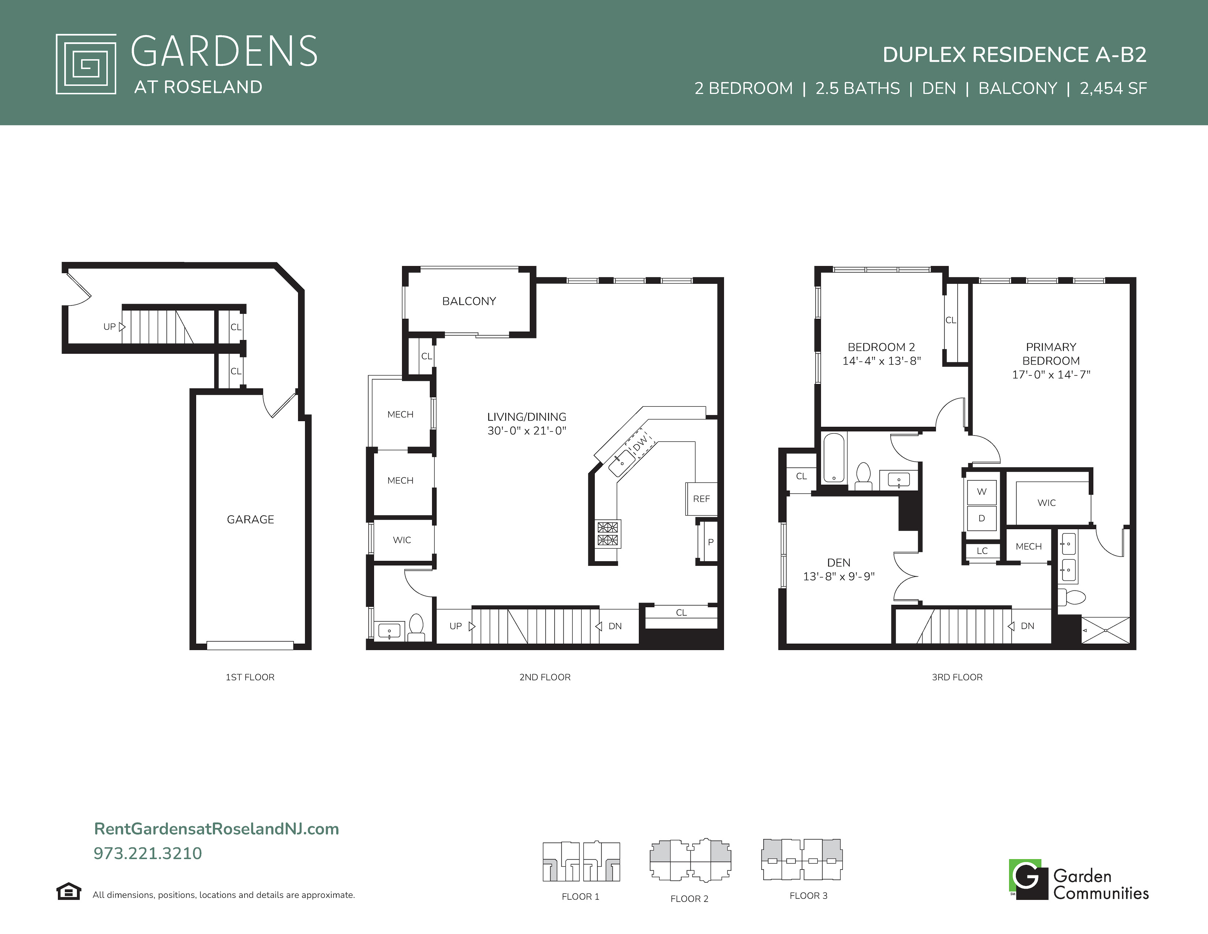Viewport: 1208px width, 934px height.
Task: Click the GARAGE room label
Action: coord(250,519)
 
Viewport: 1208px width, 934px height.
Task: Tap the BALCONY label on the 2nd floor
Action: coord(469,301)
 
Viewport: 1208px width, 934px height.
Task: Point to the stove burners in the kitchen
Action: coord(607,533)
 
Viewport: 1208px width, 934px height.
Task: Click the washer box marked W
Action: coord(982,491)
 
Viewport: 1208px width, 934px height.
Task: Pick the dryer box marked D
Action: coord(982,518)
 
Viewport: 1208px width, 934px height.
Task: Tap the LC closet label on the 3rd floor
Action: coord(983,551)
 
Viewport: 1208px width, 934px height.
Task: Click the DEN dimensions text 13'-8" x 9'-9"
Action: coord(839,576)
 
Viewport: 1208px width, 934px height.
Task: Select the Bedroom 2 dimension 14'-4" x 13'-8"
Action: coord(882,361)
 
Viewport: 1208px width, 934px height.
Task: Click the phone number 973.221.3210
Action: coord(148,853)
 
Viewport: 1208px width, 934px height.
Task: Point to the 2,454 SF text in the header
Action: coord(1114,88)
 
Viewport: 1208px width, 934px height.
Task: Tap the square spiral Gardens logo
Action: coord(86,64)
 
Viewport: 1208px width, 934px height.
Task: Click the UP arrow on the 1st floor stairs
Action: coord(122,326)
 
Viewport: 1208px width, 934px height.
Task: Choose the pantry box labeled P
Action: coord(710,542)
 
